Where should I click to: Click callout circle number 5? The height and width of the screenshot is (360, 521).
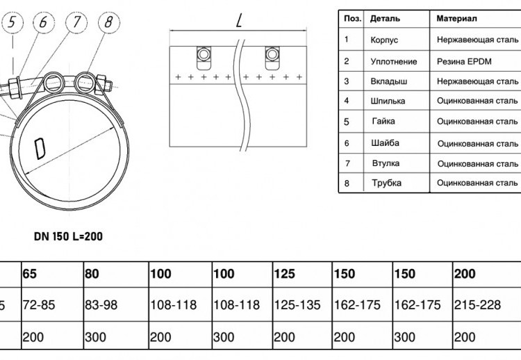pos(13,23)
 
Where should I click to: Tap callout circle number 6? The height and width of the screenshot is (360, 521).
pos(44,23)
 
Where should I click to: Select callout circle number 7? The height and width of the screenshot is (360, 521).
pos(76,23)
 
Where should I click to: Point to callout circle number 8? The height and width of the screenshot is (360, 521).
pos(109,23)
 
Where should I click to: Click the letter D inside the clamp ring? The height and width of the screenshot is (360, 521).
pos(40,149)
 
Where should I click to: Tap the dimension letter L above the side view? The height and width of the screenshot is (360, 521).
pos(239,21)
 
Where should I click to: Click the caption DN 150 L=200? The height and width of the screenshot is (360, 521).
pos(69,236)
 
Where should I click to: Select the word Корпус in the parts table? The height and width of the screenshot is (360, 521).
pos(384,40)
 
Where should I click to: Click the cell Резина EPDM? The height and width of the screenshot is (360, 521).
pos(464,61)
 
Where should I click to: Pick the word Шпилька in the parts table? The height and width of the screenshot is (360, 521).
pos(388,101)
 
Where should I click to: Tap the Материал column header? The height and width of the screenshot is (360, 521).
pos(456,18)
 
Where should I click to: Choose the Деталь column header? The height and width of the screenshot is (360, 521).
pos(385,19)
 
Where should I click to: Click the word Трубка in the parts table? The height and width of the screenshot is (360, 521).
pos(386,183)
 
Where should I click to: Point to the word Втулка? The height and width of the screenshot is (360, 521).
pos(386,163)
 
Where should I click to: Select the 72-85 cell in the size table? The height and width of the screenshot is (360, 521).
pos(39,305)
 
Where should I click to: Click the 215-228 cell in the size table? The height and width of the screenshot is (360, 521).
pos(477,305)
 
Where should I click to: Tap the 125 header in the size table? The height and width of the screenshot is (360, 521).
pos(284,274)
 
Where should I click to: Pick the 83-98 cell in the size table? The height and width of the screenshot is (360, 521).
pos(101,305)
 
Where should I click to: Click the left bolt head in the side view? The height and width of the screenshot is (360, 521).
pos(203,54)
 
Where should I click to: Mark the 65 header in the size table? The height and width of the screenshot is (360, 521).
pos(30,274)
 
